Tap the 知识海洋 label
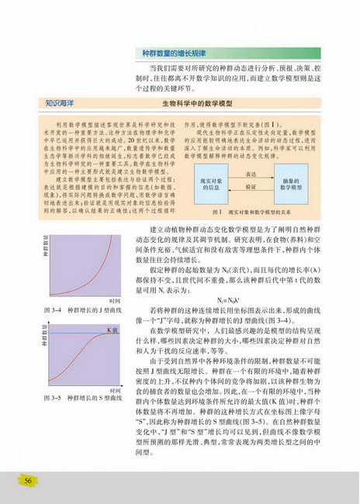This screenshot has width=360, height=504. coord(43,102)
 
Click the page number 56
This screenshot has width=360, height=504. coord(28,481)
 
